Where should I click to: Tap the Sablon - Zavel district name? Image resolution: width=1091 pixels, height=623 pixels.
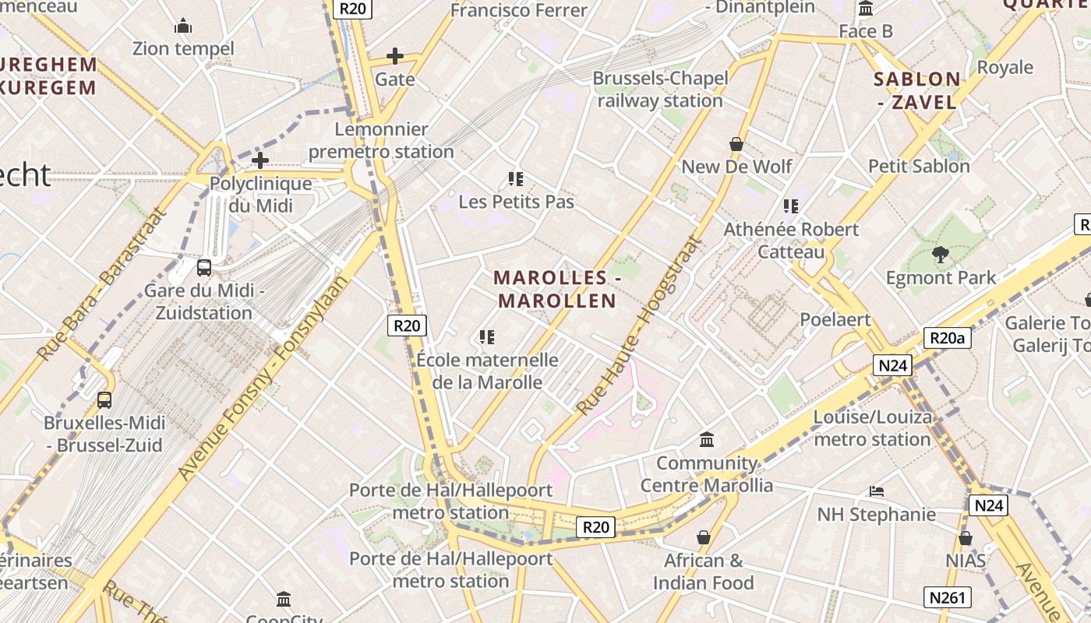916,90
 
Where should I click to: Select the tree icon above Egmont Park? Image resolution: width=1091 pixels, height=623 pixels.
941,254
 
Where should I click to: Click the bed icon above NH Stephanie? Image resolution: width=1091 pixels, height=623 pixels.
877,491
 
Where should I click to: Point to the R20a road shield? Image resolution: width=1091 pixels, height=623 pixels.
948,338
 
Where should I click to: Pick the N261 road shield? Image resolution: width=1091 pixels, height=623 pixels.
948,597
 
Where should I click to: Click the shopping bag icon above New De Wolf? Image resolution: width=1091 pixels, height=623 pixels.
736,144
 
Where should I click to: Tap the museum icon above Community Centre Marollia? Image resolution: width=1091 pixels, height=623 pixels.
707,440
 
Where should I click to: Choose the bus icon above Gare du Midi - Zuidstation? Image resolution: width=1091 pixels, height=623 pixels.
204,268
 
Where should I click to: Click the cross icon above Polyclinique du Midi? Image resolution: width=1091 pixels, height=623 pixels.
260,161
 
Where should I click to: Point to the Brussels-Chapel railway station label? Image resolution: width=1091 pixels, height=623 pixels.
661,90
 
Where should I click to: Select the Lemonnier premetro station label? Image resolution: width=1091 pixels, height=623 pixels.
381,140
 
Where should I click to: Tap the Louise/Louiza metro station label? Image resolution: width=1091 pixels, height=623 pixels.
872,428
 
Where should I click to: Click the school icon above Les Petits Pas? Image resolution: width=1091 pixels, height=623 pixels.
515,179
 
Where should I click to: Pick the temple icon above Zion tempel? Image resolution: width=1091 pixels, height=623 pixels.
183,26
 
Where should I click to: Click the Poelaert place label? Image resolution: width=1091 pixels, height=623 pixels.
835,319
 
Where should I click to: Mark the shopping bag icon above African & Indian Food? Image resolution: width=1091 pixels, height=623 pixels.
704,537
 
